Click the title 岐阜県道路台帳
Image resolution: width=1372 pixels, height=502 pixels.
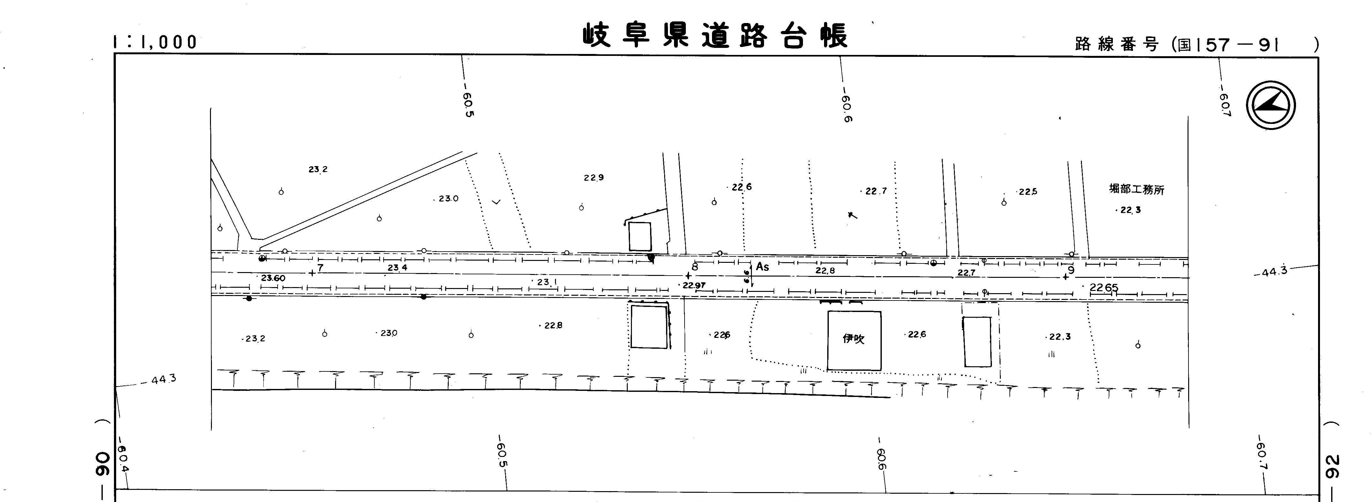click(715, 36)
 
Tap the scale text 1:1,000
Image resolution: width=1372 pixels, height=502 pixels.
click(155, 42)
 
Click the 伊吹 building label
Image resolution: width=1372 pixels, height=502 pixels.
click(853, 338)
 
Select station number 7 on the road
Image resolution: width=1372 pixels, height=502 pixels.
click(320, 268)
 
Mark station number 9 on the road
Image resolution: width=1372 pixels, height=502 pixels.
click(1071, 270)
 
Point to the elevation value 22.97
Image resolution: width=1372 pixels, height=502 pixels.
click(694, 285)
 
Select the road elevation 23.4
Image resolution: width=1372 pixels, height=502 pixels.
click(397, 268)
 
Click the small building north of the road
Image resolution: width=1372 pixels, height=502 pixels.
click(640, 236)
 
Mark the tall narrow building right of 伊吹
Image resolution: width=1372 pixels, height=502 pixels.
click(977, 342)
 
